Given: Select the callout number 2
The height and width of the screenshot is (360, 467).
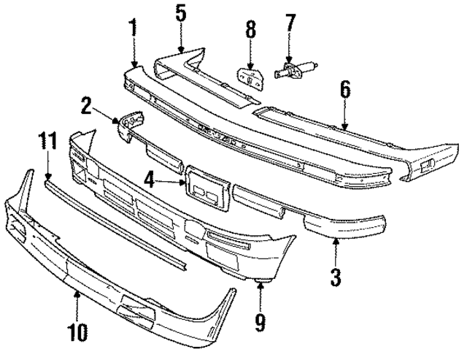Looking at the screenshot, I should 86,107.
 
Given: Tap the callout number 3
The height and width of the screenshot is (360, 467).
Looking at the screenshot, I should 336,278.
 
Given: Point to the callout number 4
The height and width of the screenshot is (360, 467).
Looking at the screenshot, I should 149,177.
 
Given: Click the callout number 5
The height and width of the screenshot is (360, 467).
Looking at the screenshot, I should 181,12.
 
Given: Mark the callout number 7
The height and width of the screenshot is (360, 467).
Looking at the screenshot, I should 290,22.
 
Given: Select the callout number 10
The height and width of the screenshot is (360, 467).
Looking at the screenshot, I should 78,332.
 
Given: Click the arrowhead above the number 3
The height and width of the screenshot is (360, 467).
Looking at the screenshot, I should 336,240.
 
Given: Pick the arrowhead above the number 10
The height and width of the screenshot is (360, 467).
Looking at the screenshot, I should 77,293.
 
